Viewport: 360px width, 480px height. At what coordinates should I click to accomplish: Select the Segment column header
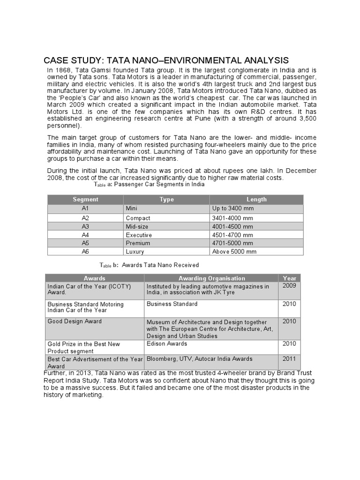[x=85, y=199]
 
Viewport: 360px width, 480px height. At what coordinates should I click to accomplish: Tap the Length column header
[x=256, y=199]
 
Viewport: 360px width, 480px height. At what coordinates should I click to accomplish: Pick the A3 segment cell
[x=85, y=226]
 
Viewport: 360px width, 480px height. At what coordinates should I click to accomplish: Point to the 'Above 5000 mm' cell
[x=234, y=252]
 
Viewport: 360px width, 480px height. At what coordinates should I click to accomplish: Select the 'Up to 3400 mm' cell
[x=233, y=208]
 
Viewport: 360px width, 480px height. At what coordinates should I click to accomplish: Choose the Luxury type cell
[x=135, y=252]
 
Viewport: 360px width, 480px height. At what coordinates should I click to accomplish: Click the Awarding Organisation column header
[x=211, y=278]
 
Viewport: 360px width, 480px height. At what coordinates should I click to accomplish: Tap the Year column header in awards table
[x=289, y=278]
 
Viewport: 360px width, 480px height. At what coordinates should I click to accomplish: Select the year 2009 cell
[x=289, y=285]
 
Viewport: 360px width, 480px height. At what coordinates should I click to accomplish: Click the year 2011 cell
[x=289, y=359]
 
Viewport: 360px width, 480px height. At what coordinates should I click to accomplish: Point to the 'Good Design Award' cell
[x=75, y=322]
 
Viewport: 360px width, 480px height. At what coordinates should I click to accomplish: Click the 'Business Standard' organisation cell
[x=172, y=304]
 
